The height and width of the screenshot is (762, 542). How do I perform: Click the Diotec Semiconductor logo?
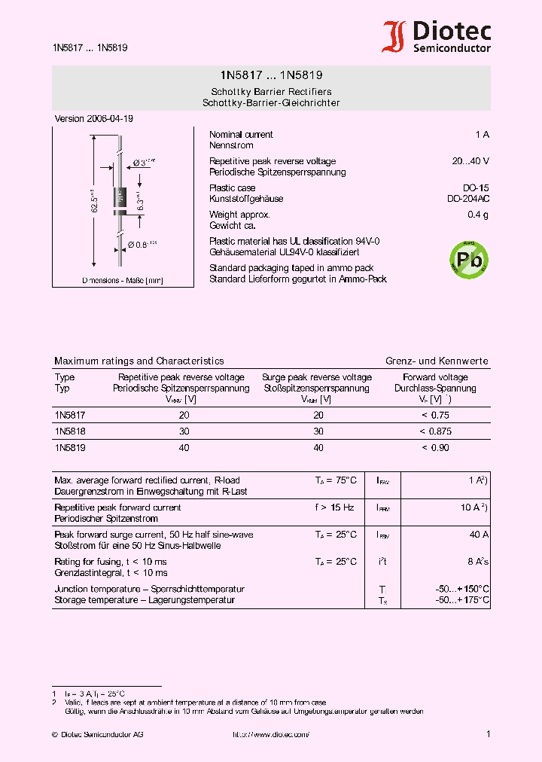pyautogui.click(x=437, y=37)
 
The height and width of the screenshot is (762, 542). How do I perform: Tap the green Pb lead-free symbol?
pyautogui.click(x=468, y=260)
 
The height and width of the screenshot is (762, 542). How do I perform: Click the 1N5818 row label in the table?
pyautogui.click(x=69, y=431)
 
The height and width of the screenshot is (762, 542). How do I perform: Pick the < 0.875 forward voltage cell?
pyautogui.click(x=435, y=431)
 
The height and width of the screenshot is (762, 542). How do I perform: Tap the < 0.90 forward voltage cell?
pyautogui.click(x=435, y=448)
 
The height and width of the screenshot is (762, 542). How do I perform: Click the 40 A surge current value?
pyautogui.click(x=479, y=535)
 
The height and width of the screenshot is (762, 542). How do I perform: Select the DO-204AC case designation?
pyautogui.click(x=467, y=199)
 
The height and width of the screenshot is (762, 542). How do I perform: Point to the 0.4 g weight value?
pyautogui.click(x=478, y=215)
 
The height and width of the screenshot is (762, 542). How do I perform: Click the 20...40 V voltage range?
pyautogui.click(x=470, y=161)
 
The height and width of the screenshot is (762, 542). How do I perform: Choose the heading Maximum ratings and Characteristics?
pyautogui.click(x=139, y=361)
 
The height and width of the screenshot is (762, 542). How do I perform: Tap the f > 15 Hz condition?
pyautogui.click(x=334, y=507)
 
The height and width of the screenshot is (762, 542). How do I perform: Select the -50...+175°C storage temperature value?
pyautogui.click(x=462, y=600)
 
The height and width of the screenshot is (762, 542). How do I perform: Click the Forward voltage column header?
pyautogui.click(x=435, y=377)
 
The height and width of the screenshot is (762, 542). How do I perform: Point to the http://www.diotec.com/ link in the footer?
pyautogui.click(x=270, y=734)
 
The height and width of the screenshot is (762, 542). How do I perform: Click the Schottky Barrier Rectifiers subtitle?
pyautogui.click(x=271, y=92)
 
